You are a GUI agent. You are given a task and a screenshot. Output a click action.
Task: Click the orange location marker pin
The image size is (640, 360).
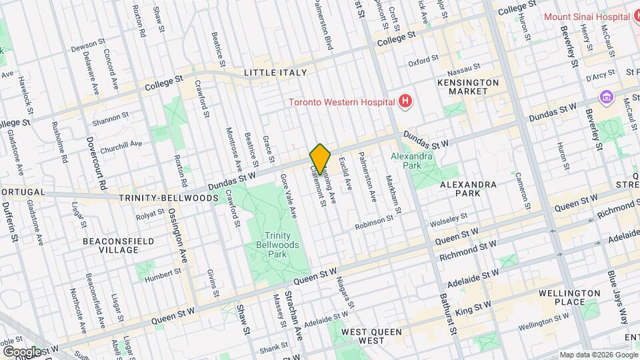pyautogui.click(x=321, y=159)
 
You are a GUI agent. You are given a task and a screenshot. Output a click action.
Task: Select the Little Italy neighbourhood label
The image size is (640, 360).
pyautogui.click(x=275, y=72)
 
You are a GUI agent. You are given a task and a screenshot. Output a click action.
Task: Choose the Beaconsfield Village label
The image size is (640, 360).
pyautogui.click(x=119, y=245)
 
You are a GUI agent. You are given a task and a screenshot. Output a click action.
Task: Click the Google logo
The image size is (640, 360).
pyautogui.click(x=21, y=351)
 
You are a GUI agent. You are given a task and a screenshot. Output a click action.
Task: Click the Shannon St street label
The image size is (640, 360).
pyautogui.click(x=111, y=118)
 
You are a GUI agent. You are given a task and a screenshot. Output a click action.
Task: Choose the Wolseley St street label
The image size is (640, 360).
pyautogui.click(x=449, y=218)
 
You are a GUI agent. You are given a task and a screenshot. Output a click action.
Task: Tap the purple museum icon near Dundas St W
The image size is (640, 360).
pyautogui.click(x=606, y=98)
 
